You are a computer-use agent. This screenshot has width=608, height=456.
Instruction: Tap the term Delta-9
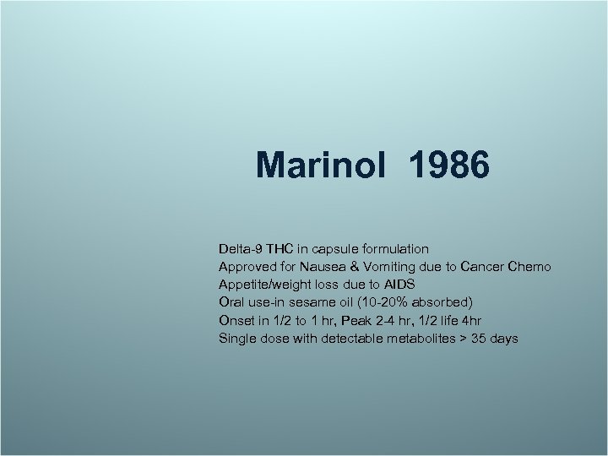click(x=241, y=249)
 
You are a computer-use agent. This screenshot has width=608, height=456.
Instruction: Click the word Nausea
click(x=325, y=267)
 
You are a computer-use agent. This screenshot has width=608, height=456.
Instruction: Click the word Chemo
click(x=531, y=267)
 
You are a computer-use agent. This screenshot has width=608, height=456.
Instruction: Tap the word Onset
click(x=236, y=321)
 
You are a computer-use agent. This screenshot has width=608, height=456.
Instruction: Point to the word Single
click(x=237, y=339)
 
